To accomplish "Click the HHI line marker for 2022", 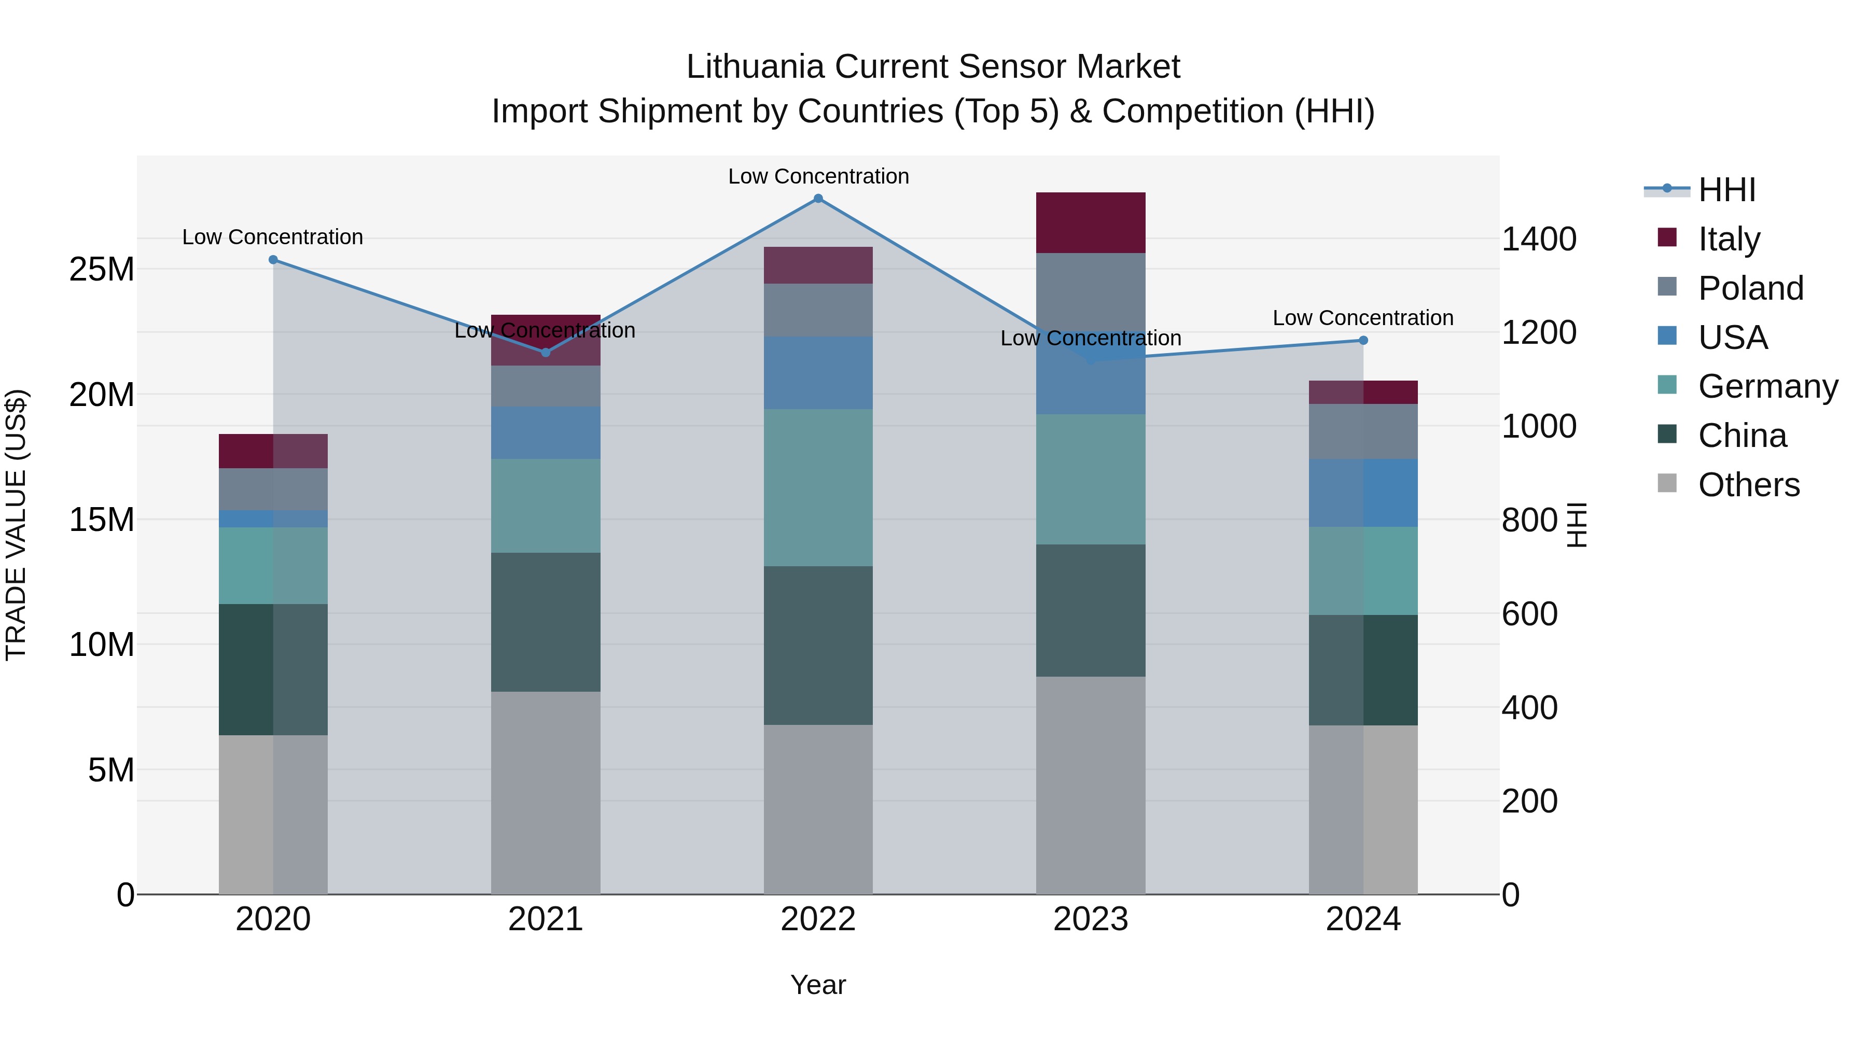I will pyautogui.click(x=818, y=199).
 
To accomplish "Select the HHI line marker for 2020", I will pyautogui.click(x=273, y=259).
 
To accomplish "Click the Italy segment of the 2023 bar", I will pyautogui.click(x=1090, y=222).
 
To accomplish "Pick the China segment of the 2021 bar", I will pyautogui.click(x=546, y=622).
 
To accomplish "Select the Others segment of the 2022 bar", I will pyautogui.click(x=818, y=809).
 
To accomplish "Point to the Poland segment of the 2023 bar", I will pyautogui.click(x=1090, y=290).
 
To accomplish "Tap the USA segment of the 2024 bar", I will pyautogui.click(x=1363, y=492).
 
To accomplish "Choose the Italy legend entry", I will pyautogui.click(x=1729, y=239).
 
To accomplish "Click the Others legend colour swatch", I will pyautogui.click(x=1667, y=483).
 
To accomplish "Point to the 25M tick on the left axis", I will pyautogui.click(x=102, y=270).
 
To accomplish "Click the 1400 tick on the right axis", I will pyautogui.click(x=1538, y=239).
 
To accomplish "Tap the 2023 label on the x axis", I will pyautogui.click(x=1090, y=919).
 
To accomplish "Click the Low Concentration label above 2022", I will pyautogui.click(x=818, y=176).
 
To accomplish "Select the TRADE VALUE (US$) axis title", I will pyautogui.click(x=16, y=525).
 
